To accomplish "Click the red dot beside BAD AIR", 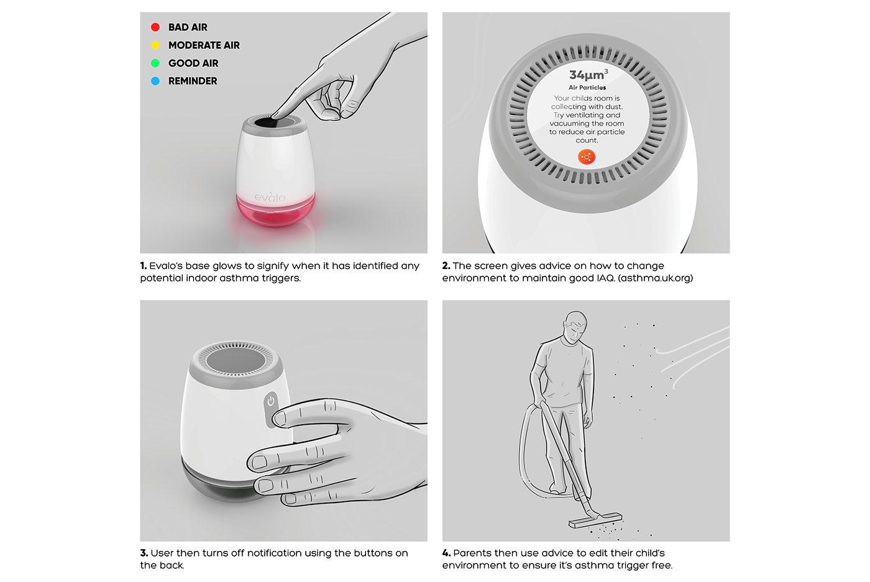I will [155, 27].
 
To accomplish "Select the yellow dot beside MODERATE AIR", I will [155, 45].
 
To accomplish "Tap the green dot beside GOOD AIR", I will [155, 63].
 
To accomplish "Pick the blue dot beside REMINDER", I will [155, 81].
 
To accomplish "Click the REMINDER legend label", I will [193, 81].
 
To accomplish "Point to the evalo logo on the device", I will [270, 197].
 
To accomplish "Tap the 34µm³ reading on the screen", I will [588, 75].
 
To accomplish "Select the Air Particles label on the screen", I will [587, 88].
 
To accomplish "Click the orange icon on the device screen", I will [587, 157].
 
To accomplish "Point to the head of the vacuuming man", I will [575, 327].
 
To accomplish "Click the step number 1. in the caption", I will [144, 266].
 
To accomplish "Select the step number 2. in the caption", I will [446, 266].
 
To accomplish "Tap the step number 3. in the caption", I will [144, 553].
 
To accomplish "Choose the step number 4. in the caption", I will [446, 553].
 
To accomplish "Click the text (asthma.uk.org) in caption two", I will [655, 278].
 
